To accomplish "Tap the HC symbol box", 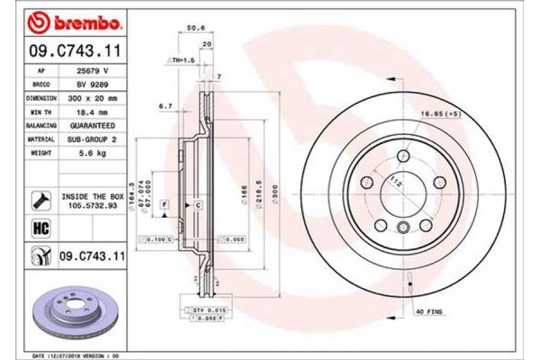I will coord(40,229).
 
